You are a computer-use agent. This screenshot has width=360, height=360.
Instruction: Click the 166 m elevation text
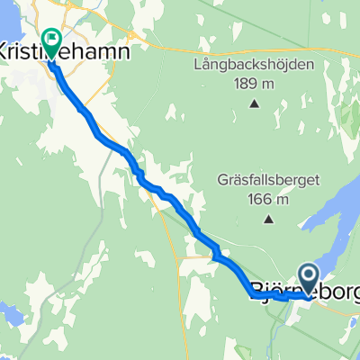(268, 198)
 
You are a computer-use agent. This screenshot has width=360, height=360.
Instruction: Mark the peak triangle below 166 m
(268, 217)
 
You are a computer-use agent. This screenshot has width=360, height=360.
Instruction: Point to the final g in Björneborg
(351, 292)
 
